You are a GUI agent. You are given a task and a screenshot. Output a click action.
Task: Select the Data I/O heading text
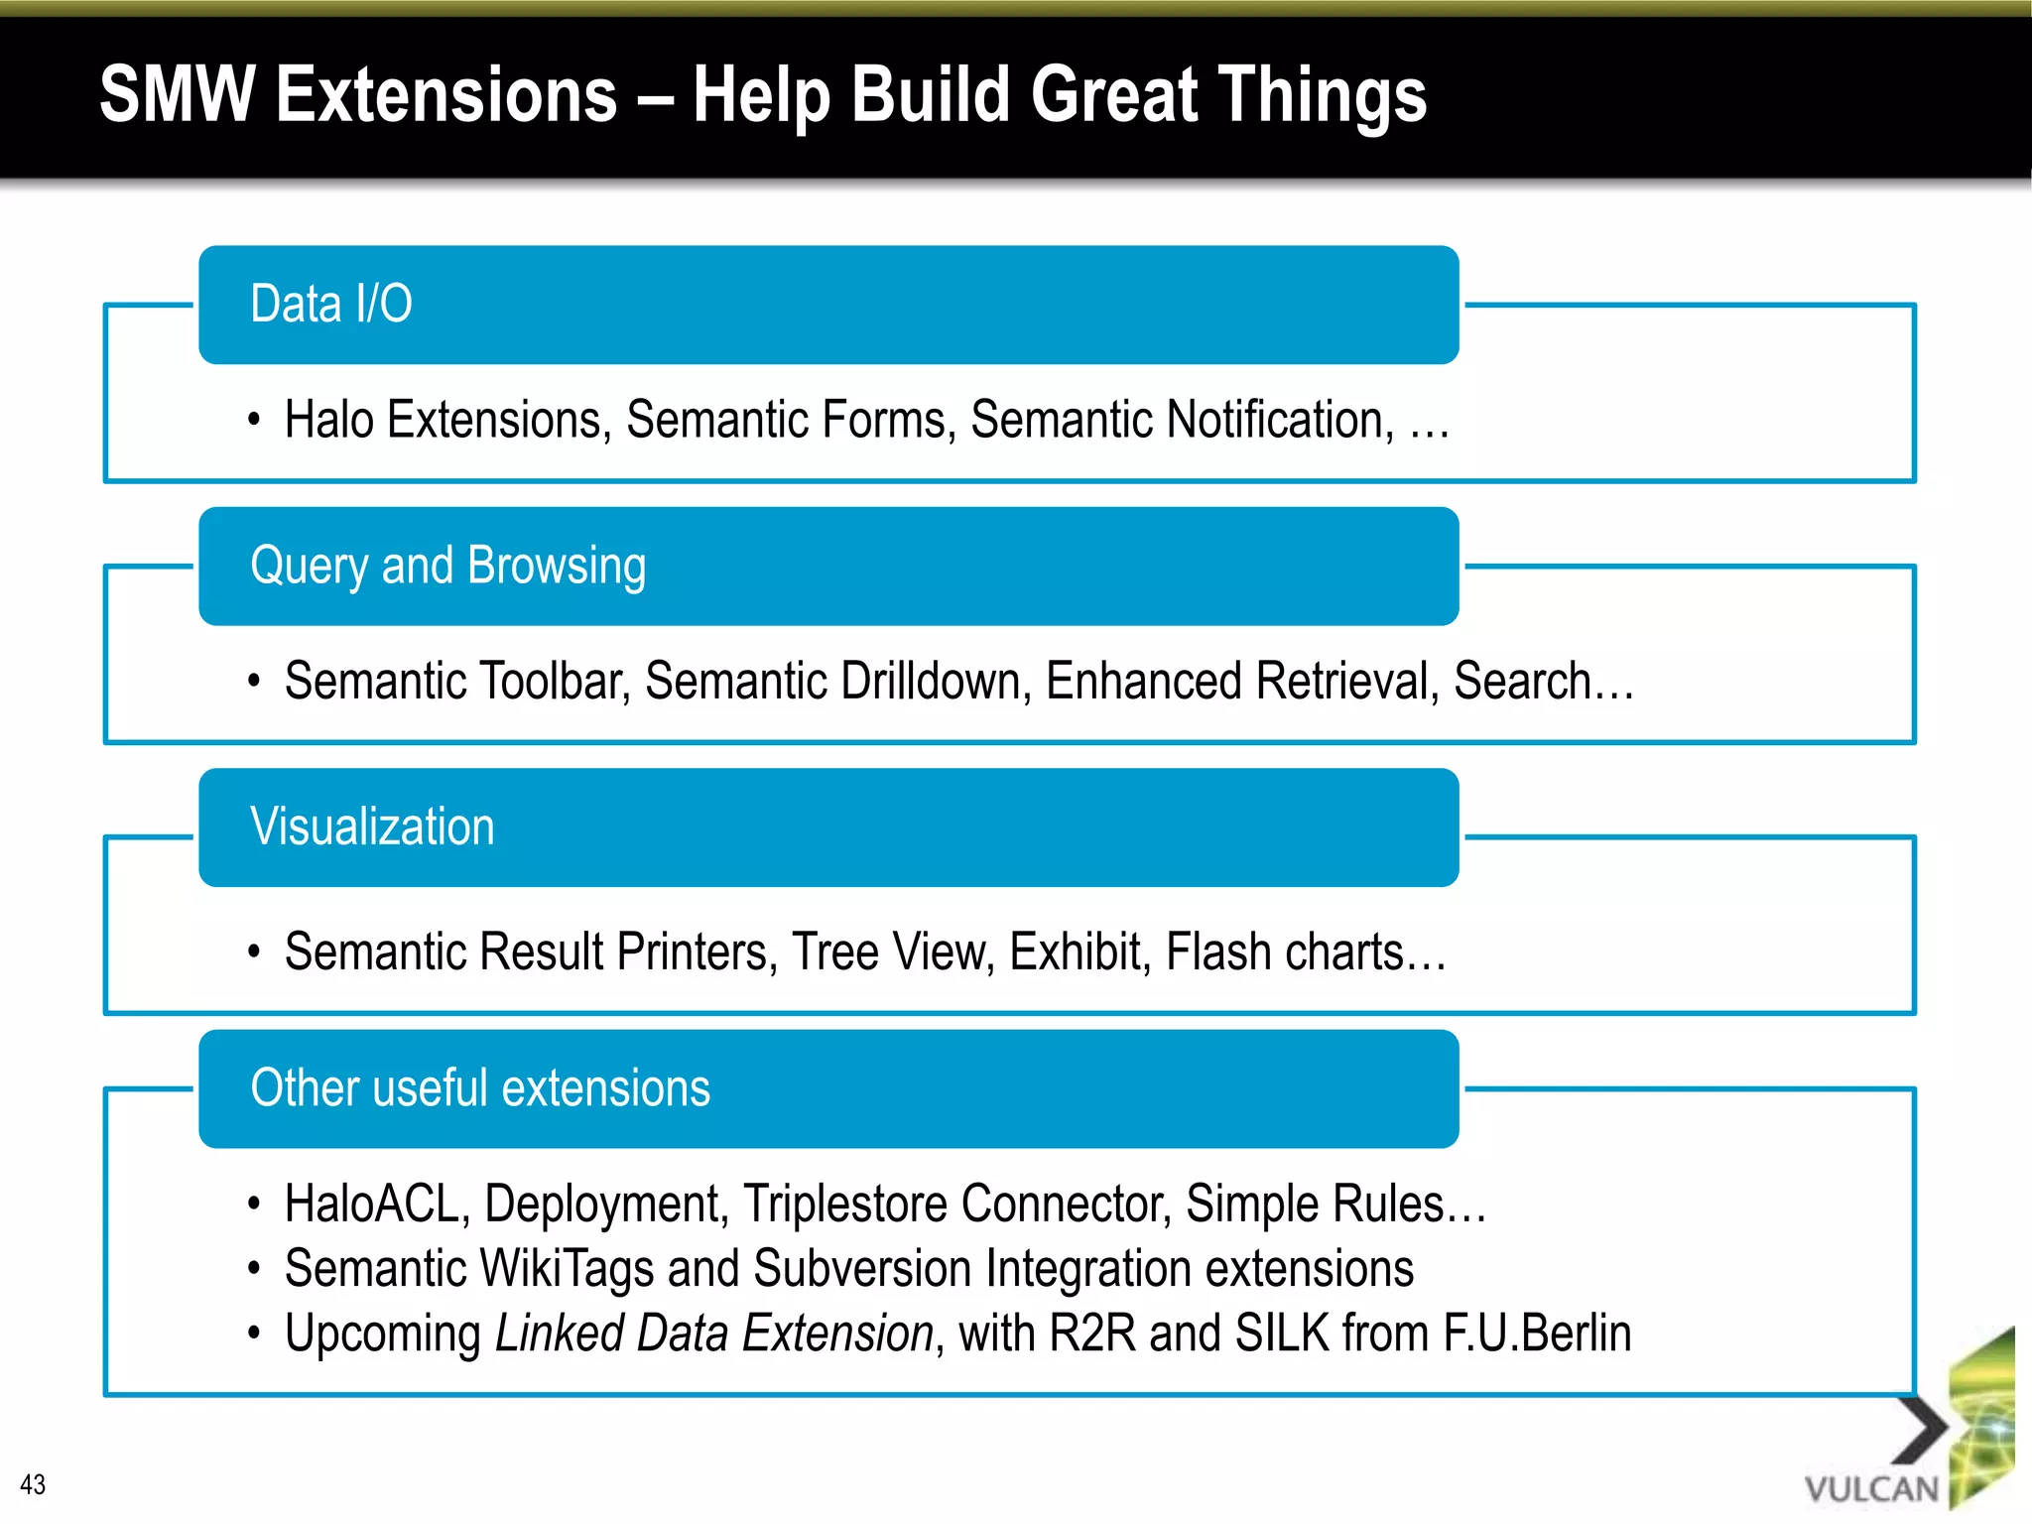click(x=331, y=304)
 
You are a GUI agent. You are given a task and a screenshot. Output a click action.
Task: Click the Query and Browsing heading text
click(x=447, y=566)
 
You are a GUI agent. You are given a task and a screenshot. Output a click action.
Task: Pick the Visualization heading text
click(x=372, y=826)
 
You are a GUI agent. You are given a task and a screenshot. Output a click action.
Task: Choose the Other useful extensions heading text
click(x=480, y=1088)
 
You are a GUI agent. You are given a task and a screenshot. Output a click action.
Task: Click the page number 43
click(x=33, y=1484)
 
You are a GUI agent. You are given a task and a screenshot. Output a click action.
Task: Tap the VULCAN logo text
click(x=1871, y=1489)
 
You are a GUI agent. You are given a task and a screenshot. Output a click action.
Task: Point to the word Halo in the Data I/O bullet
click(x=329, y=420)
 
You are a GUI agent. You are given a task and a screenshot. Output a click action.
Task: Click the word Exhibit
click(x=1079, y=952)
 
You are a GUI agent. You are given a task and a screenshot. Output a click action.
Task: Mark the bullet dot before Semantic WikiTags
click(x=254, y=1269)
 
